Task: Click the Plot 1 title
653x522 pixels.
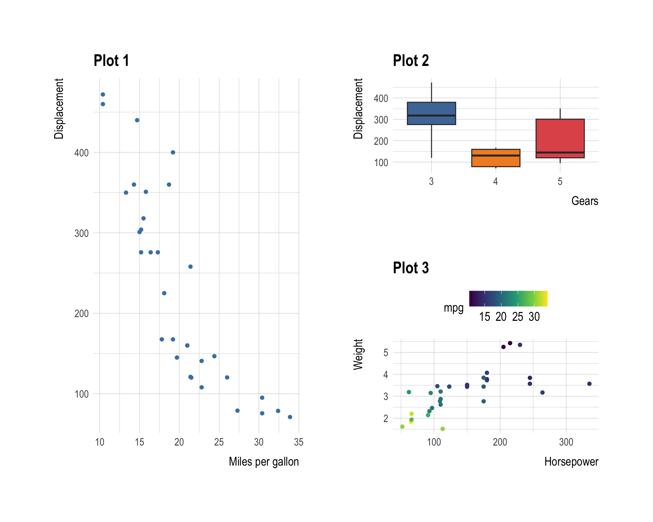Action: point(111,61)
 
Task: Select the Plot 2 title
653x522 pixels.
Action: point(411,61)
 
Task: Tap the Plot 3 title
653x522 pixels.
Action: point(411,268)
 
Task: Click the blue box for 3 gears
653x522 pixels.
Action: point(431,109)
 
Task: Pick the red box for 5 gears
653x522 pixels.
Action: point(560,136)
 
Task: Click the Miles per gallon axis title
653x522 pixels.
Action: point(264,462)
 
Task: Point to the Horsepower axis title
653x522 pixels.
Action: point(571,462)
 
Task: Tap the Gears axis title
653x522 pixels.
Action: point(584,201)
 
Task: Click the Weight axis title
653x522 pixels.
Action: point(358,354)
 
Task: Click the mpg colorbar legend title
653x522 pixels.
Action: point(453,308)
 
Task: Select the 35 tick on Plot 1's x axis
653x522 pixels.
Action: point(299,442)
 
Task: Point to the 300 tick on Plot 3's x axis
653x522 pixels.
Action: point(566,442)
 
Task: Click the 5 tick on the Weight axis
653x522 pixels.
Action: point(386,353)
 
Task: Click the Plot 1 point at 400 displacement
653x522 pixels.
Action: point(173,153)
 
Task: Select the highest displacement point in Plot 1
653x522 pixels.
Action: point(103,94)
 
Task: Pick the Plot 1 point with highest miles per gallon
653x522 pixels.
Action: point(290,417)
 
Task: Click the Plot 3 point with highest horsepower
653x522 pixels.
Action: point(589,384)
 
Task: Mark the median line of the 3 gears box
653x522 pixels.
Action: point(431,116)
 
